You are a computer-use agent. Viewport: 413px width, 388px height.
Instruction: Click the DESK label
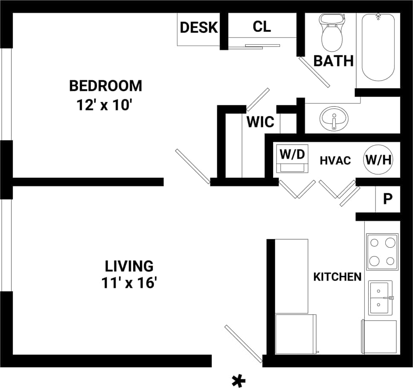click(x=199, y=27)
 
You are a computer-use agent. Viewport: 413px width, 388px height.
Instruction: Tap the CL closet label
click(x=262, y=26)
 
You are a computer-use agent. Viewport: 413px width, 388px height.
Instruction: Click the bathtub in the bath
click(x=378, y=47)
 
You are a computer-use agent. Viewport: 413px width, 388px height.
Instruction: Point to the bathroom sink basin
click(x=334, y=119)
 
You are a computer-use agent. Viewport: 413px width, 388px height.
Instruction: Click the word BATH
click(x=334, y=61)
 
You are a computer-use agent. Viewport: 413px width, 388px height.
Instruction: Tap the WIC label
click(x=260, y=122)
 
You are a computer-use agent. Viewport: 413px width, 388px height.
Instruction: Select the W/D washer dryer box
click(x=292, y=159)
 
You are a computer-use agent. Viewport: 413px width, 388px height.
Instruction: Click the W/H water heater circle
click(x=378, y=160)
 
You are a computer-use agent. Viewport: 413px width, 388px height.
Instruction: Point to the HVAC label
click(x=335, y=160)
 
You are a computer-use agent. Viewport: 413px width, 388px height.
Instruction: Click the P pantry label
click(x=387, y=199)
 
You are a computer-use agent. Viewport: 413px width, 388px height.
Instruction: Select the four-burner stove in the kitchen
click(x=382, y=252)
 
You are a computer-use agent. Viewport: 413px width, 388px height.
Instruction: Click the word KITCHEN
click(x=337, y=277)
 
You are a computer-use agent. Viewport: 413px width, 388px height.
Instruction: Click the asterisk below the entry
click(x=239, y=379)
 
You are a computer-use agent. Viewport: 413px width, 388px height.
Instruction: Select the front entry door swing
click(x=243, y=344)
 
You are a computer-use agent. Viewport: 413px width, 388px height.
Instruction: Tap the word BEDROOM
click(x=105, y=86)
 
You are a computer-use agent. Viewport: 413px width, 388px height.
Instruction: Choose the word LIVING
click(x=129, y=266)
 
